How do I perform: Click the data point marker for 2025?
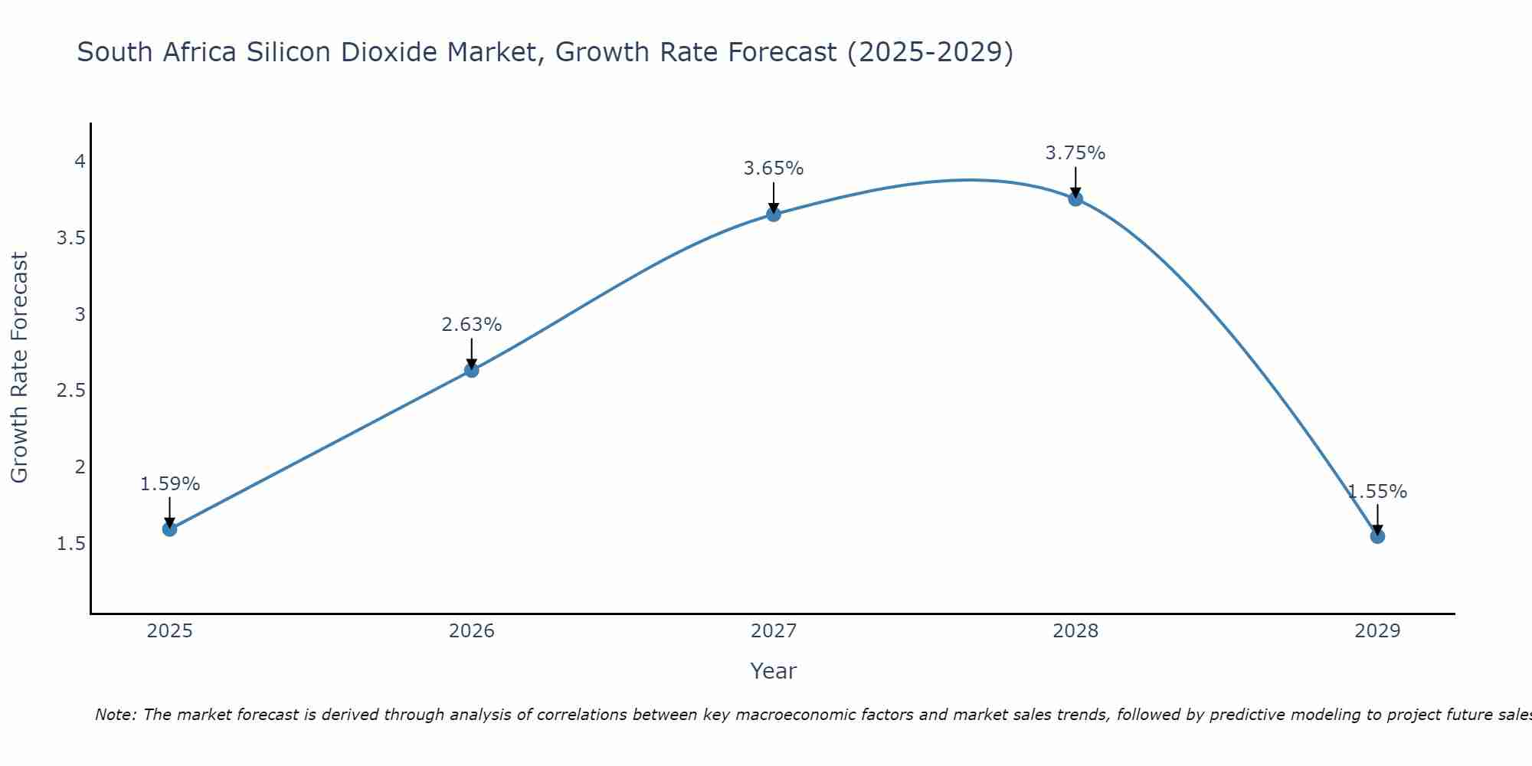coord(170,529)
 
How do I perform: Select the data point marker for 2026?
coord(472,370)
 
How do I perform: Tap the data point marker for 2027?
coord(774,214)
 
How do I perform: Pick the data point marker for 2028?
coord(1075,198)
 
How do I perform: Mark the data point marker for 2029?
coord(1377,535)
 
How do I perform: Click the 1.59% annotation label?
coord(170,484)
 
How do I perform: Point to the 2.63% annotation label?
coord(472,325)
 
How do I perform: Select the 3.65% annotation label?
coord(774,169)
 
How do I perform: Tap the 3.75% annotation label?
coord(1075,153)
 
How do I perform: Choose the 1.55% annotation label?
coord(1377,492)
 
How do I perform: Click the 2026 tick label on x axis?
coord(472,631)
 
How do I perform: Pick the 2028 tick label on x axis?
coord(1075,631)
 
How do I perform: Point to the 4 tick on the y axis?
coord(80,161)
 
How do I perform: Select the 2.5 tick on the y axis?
coord(70,391)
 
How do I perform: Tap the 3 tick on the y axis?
coord(80,314)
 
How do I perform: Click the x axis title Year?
coord(774,671)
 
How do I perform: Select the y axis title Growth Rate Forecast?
coord(20,368)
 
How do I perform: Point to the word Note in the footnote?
coord(115,715)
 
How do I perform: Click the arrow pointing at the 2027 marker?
coord(774,197)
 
